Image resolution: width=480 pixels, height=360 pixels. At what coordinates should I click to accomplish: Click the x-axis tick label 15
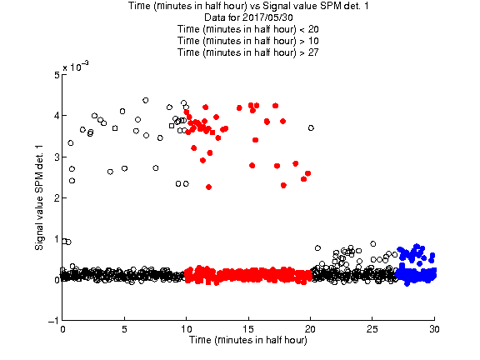tap(248, 329)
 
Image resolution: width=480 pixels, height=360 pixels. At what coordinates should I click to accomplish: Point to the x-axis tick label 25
tap(372, 329)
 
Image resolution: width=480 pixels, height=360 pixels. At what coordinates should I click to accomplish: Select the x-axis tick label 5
tap(124, 329)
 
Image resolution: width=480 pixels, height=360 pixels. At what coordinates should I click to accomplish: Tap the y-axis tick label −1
tap(53, 321)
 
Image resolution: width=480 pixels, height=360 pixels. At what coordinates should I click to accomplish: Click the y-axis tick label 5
tap(57, 75)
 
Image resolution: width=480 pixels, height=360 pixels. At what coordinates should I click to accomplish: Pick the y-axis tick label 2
tap(57, 197)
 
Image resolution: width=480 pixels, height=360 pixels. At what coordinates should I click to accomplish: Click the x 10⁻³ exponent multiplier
tap(76, 66)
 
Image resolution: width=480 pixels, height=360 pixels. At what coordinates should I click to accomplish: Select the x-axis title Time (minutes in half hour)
tap(248, 340)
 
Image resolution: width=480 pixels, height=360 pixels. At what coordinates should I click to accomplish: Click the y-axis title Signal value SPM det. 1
tap(39, 197)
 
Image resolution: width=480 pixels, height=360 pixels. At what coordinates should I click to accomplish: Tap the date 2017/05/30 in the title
tap(267, 17)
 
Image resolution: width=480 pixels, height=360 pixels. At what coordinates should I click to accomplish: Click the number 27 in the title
tap(313, 52)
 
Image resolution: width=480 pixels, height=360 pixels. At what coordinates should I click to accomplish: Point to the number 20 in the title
tap(313, 29)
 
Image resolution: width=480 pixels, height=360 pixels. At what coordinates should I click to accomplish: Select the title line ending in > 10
tap(248, 41)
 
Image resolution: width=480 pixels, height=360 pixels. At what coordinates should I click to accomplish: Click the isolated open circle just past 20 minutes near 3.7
tap(311, 128)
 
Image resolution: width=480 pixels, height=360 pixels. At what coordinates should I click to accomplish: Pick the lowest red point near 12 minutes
tap(208, 187)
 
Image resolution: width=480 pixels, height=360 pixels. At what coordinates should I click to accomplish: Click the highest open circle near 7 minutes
tap(146, 100)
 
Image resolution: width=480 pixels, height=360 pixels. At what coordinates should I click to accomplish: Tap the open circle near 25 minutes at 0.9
tap(372, 243)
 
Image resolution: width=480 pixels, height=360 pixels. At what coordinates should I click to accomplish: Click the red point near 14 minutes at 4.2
tap(239, 107)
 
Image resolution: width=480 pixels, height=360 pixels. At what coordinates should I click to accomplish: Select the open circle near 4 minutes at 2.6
tap(110, 172)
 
